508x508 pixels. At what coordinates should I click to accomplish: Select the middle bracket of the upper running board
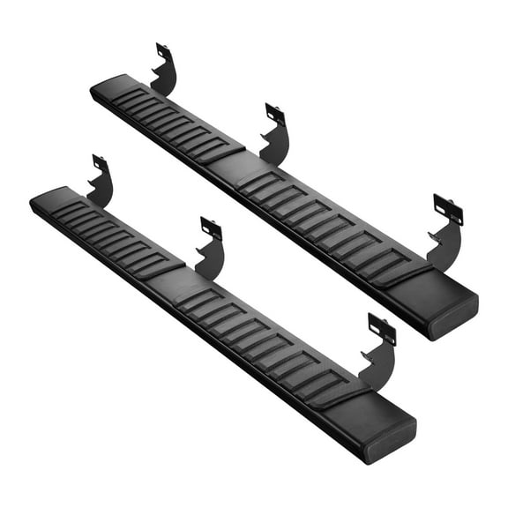[274, 138]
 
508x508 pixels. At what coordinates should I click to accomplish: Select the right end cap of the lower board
[389, 436]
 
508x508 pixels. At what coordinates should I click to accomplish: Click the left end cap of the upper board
[104, 86]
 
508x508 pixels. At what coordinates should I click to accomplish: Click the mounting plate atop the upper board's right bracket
[447, 210]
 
